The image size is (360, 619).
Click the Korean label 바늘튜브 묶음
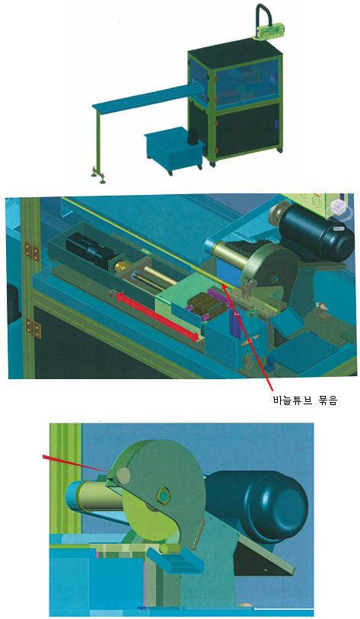click(x=304, y=400)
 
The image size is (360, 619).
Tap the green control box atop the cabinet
click(x=272, y=30)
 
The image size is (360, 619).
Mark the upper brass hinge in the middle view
click(x=30, y=251)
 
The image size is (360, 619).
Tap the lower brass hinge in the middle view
click(x=33, y=328)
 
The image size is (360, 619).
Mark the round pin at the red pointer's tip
click(x=123, y=476)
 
